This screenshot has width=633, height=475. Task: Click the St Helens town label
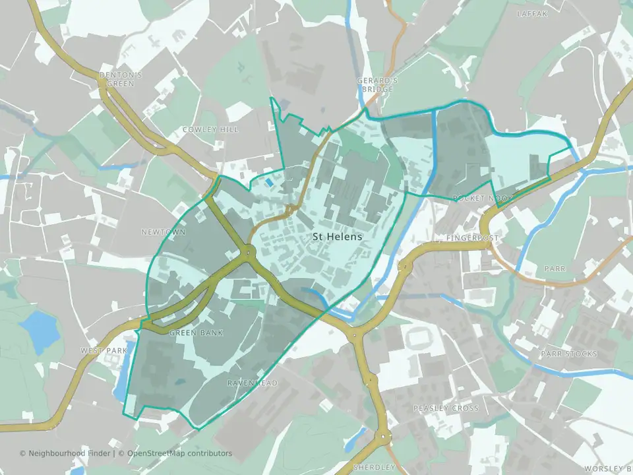tap(337, 236)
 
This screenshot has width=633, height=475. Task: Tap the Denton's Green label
tap(117, 80)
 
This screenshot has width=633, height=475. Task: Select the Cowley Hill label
tap(210, 129)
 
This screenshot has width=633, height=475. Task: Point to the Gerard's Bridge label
tap(377, 84)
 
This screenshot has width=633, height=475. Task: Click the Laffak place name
tap(532, 13)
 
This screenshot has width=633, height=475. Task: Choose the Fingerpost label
tap(473, 237)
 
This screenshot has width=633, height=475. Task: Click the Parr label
tap(551, 269)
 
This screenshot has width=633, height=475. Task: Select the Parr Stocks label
tap(568, 354)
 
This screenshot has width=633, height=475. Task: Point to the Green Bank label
tap(196, 332)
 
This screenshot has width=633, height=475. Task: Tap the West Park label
tap(103, 350)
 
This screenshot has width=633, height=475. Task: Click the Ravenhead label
tap(253, 383)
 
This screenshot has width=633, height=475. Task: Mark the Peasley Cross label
tap(446, 408)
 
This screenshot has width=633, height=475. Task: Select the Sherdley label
tap(374, 467)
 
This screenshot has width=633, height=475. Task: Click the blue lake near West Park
tap(40, 329)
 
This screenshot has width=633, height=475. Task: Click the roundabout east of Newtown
tap(249, 251)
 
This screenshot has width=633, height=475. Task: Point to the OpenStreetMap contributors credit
tap(179, 453)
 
